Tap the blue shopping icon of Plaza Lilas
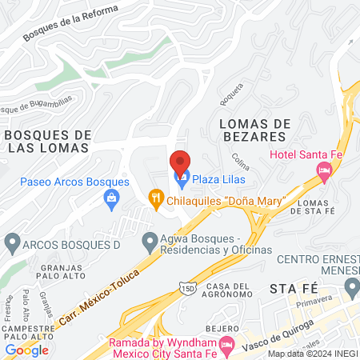tap(180, 176)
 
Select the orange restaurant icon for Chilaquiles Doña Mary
tap(156, 194)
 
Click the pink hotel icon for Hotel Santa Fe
tap(324, 169)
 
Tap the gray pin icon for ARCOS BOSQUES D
tap(11, 241)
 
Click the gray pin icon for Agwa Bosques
tap(149, 241)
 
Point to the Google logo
tap(26, 350)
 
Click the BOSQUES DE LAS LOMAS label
tap(47, 142)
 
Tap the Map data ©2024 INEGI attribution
tap(313, 354)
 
